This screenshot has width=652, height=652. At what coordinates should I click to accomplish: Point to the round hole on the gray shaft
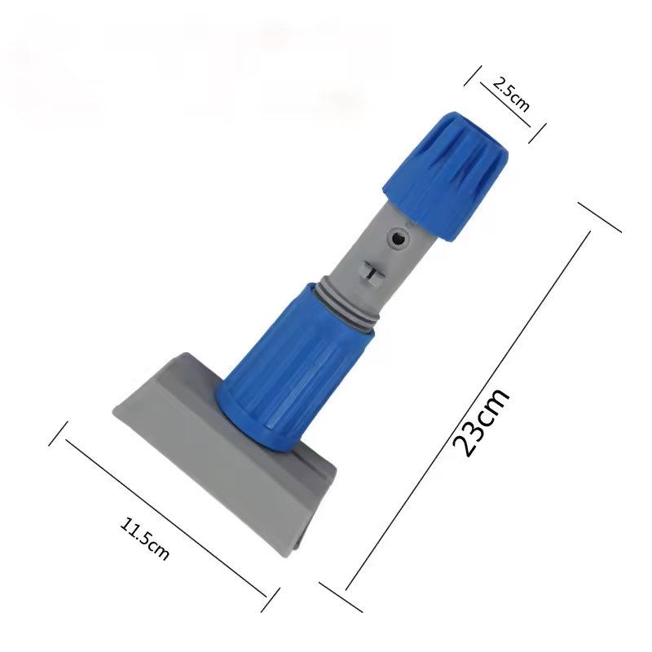tap(399, 239)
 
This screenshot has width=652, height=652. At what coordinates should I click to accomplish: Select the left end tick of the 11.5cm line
tap(57, 433)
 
